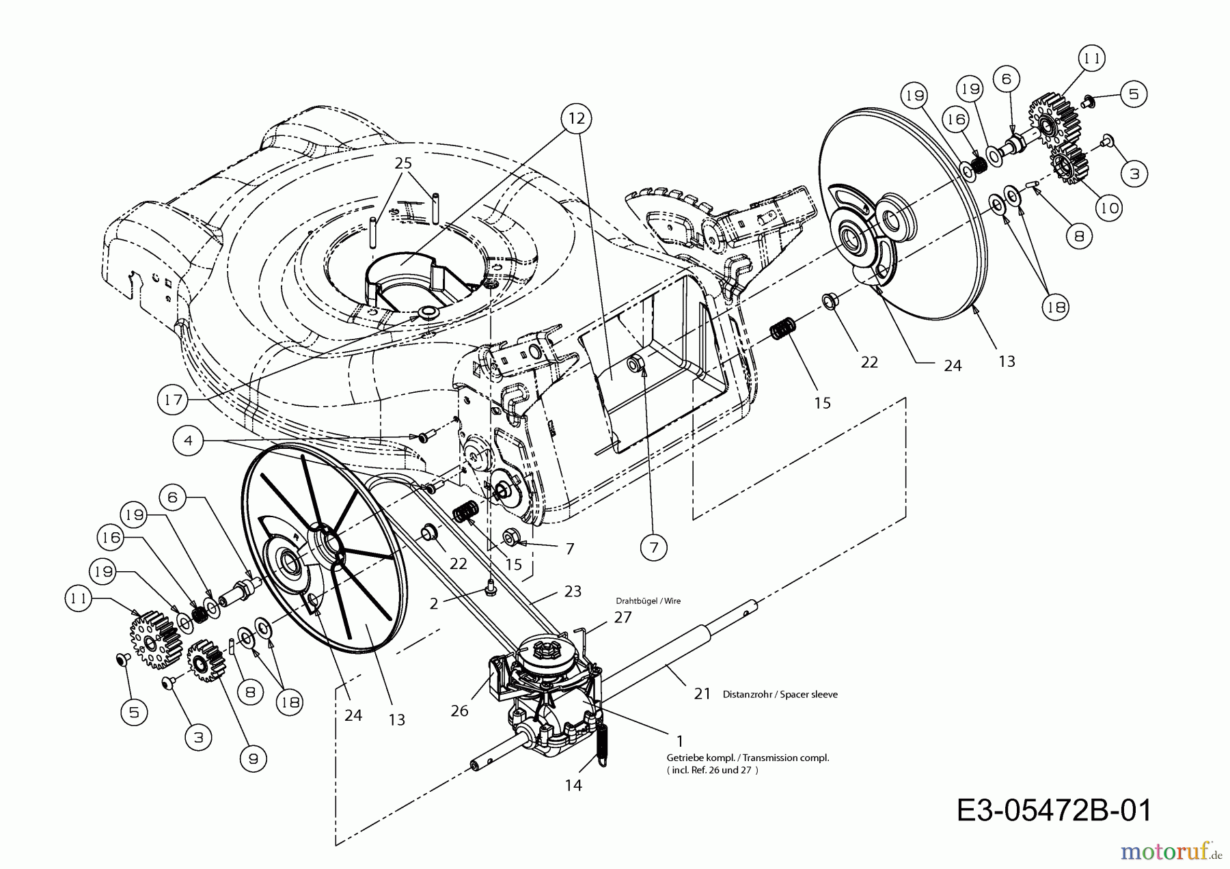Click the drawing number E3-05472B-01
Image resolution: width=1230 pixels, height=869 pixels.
pyautogui.click(x=1054, y=810)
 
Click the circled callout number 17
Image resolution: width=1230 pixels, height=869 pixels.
pyautogui.click(x=173, y=399)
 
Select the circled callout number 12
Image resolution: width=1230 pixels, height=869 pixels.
pyautogui.click(x=577, y=119)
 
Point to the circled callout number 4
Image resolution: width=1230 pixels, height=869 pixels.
pyautogui.click(x=189, y=441)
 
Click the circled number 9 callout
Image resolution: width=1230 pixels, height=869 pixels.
pyautogui.click(x=253, y=758)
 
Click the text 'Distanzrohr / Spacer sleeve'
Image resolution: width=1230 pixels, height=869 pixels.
pyautogui.click(x=780, y=694)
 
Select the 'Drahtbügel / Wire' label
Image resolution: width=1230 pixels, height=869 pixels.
pyautogui.click(x=648, y=601)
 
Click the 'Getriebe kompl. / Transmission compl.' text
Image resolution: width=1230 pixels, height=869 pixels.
pyautogui.click(x=748, y=758)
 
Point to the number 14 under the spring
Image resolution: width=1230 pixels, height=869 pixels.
pyautogui.click(x=573, y=785)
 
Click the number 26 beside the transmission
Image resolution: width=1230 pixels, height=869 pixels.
pyautogui.click(x=460, y=711)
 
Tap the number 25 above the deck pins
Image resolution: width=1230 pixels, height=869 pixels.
pyautogui.click(x=403, y=163)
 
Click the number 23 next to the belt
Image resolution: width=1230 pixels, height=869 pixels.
pyautogui.click(x=573, y=591)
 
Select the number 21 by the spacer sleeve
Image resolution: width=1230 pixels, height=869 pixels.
pyautogui.click(x=702, y=694)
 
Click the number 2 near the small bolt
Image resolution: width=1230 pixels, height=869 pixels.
pyautogui.click(x=433, y=604)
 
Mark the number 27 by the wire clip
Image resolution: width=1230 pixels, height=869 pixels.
pyautogui.click(x=623, y=617)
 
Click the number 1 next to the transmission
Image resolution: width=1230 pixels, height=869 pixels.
pyautogui.click(x=679, y=741)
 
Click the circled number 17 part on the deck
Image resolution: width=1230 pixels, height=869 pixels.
pyautogui.click(x=428, y=312)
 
